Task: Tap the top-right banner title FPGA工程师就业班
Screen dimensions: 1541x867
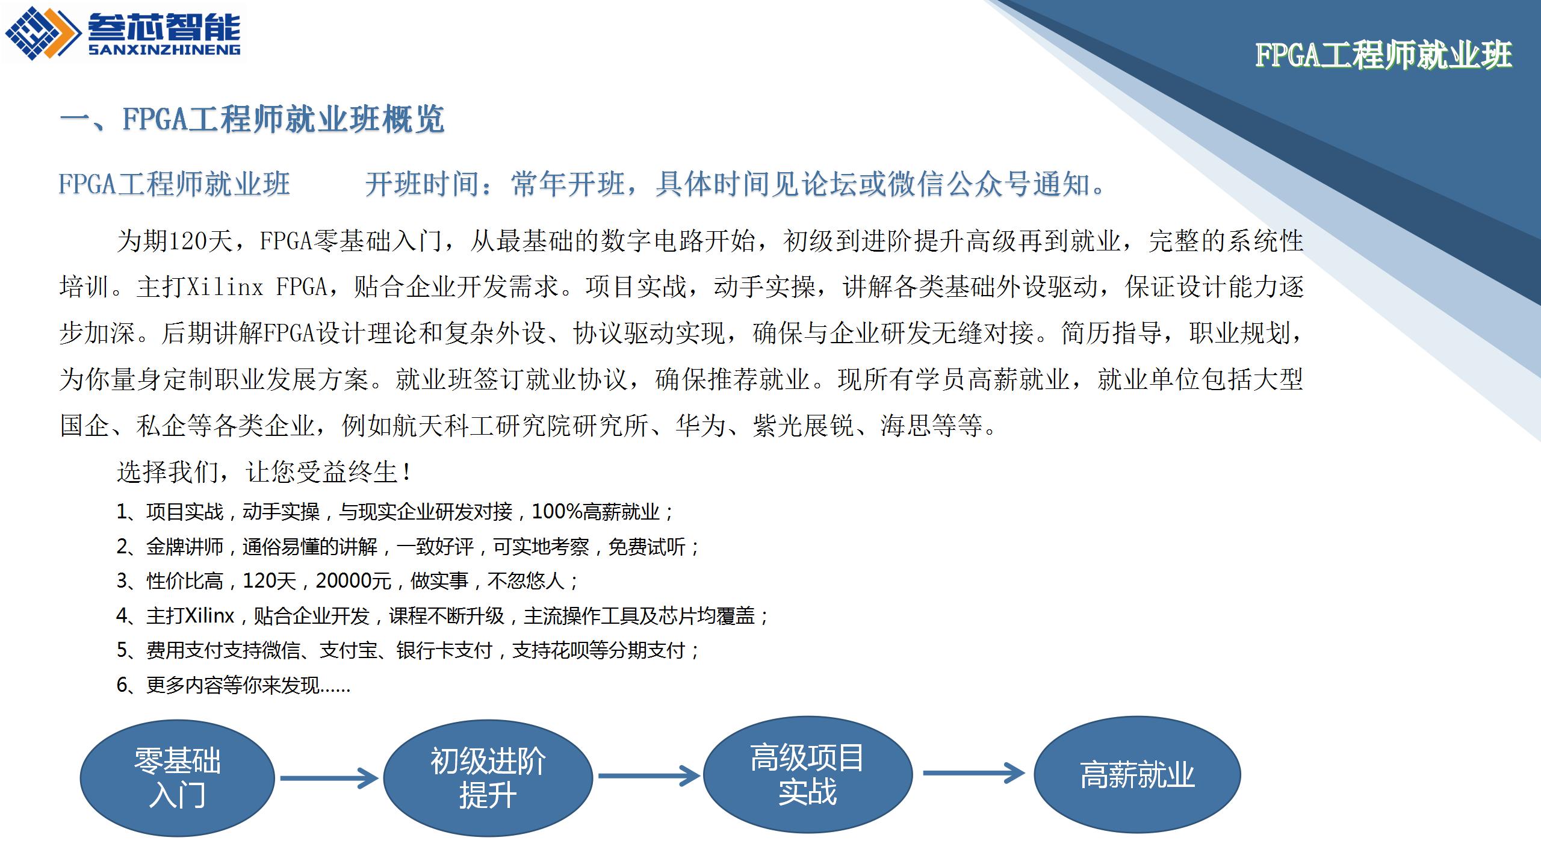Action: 1384,55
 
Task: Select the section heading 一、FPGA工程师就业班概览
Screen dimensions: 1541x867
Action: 252,119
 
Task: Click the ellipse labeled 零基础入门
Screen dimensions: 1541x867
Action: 178,778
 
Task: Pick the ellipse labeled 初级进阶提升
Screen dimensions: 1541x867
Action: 488,777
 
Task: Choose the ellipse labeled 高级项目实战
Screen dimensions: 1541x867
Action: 808,774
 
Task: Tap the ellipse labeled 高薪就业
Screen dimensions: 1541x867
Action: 1137,774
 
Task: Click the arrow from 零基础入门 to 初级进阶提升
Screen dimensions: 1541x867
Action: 329,778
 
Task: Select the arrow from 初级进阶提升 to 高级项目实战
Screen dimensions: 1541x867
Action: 649,775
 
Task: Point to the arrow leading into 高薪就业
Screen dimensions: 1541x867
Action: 973,773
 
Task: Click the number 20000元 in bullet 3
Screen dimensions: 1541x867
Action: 354,581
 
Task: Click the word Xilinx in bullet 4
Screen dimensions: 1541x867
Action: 208,616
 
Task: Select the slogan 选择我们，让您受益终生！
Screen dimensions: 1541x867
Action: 265,471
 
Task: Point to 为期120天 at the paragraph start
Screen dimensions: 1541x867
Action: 175,241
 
